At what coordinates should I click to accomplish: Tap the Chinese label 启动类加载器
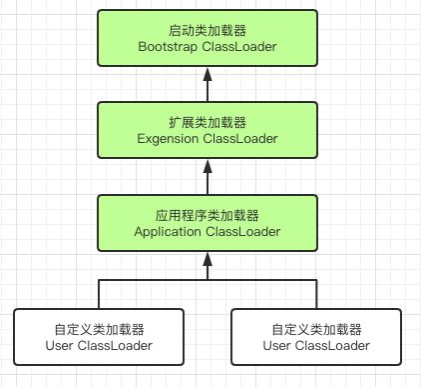(208, 29)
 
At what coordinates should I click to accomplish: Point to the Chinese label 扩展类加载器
(208, 121)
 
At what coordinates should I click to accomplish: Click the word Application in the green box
(169, 231)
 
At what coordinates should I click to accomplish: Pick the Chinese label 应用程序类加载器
(208, 214)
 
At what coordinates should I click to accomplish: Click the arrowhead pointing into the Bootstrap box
(208, 74)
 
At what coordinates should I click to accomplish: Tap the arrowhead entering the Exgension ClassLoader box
(208, 166)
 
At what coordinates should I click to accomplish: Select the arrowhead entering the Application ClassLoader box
(208, 259)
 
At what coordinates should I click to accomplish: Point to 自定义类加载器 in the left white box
(99, 329)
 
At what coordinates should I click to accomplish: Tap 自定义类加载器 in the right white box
(316, 329)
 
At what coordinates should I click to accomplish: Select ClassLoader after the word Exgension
(242, 138)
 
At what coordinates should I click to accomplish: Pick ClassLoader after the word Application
(243, 231)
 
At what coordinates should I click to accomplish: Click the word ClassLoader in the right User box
(334, 346)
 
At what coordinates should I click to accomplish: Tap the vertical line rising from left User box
(99, 294)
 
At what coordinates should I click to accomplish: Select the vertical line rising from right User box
(316, 294)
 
